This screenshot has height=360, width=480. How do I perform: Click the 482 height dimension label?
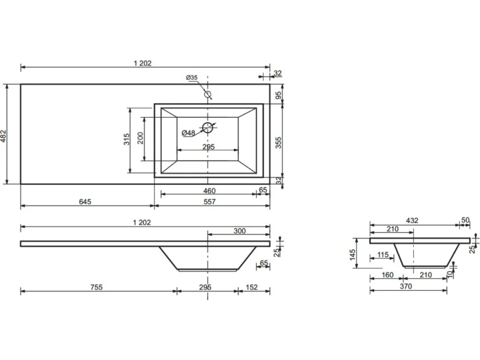tap(3, 136)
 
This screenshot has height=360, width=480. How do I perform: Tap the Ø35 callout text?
tap(192, 78)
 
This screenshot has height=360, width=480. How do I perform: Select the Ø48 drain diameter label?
tap(188, 133)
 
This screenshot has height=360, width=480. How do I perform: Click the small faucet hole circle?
tap(208, 94)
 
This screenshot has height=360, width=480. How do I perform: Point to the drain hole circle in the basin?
tap(207, 127)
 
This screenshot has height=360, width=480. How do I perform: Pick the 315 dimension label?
tap(127, 139)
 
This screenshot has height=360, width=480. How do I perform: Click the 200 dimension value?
tap(140, 138)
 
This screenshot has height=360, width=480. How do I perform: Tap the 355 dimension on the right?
tap(278, 143)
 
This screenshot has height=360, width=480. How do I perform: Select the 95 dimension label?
tap(278, 95)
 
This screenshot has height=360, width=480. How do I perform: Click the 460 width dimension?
tap(209, 191)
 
